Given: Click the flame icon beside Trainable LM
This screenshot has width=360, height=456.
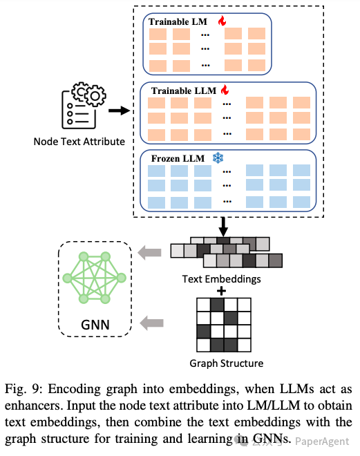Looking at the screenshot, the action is coord(222,21).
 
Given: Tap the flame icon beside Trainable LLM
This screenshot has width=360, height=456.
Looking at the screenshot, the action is coord(225,90).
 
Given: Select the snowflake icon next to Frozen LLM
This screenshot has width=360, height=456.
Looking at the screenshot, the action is coord(218,158).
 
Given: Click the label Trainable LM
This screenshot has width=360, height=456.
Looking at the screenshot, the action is coord(178,22).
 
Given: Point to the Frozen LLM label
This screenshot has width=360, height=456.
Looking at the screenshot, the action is coord(178,158).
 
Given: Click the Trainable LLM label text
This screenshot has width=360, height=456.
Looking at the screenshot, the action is coord(184,91).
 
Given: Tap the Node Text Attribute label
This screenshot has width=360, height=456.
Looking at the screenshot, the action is coord(79,142).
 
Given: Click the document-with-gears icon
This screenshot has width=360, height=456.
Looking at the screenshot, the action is coord(84,105).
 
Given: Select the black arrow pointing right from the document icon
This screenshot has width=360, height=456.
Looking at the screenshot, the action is coord(120,111).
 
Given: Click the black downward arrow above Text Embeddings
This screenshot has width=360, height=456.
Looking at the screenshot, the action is coord(223,227).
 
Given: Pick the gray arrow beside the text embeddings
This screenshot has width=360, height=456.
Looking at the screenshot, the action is coord(149,252).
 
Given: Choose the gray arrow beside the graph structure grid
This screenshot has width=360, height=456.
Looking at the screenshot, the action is coord(151,323).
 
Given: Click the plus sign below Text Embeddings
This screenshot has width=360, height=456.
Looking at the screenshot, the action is coord(221,291).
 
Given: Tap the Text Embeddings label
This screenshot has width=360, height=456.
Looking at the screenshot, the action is coord(221,279).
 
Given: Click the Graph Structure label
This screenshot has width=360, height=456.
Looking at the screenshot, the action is coord(226,363).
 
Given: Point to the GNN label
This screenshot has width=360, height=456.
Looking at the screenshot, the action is coord(95,325).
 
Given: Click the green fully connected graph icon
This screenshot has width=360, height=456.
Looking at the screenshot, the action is coord(95,278).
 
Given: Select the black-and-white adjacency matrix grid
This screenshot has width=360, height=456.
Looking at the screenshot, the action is coord(224,325).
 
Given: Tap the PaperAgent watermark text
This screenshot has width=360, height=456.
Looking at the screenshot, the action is coord(322,441).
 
